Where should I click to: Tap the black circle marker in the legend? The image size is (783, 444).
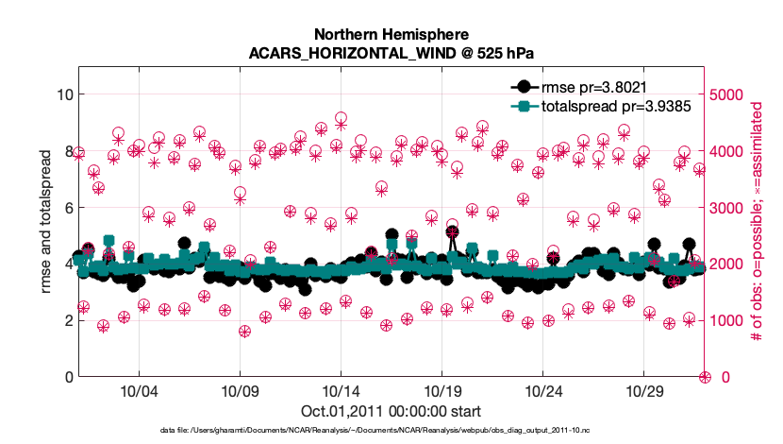[522, 88]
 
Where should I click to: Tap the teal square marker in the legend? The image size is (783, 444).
[522, 107]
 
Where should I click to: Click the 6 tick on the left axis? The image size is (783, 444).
[66, 208]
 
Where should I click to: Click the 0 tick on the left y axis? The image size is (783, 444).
[66, 377]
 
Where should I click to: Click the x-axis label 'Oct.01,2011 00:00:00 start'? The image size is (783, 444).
[391, 412]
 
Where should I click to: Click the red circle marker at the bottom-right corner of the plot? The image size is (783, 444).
[705, 377]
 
